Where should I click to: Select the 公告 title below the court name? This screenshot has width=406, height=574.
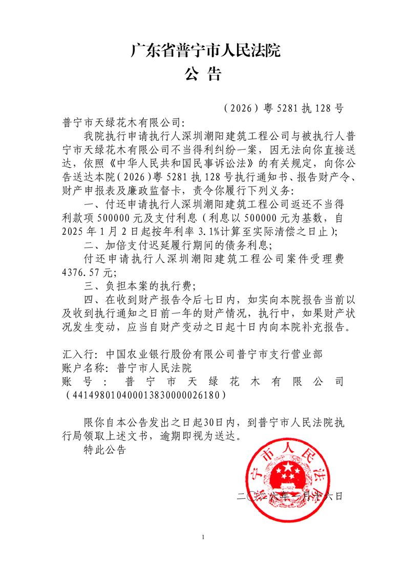(203, 75)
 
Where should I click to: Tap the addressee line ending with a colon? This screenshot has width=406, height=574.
(122, 123)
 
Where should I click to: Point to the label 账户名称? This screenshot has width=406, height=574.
(84, 368)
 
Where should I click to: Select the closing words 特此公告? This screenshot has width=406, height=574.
(103, 450)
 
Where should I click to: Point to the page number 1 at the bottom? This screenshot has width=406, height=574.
(203, 537)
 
